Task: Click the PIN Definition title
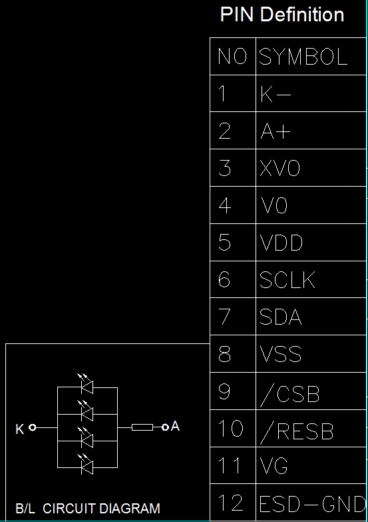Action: tap(282, 15)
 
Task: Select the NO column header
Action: tap(232, 56)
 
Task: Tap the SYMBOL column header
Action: tap(303, 56)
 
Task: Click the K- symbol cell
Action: tap(276, 94)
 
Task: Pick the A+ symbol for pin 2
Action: tap(276, 131)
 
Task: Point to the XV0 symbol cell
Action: tap(280, 168)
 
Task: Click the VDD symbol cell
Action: tap(281, 243)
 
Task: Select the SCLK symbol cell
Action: tap(287, 279)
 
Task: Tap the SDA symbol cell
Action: tap(281, 317)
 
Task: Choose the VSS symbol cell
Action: tap(281, 353)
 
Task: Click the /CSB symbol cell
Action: tap(289, 395)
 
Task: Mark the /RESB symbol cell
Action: tap(297, 433)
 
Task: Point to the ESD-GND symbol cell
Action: tap(313, 504)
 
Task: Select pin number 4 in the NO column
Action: tap(225, 205)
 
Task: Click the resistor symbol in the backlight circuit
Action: tap(142, 427)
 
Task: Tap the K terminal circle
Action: tap(32, 427)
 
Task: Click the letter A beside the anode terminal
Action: tap(175, 426)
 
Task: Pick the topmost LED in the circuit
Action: tap(86, 384)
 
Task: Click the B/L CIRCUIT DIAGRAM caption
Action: tap(88, 509)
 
